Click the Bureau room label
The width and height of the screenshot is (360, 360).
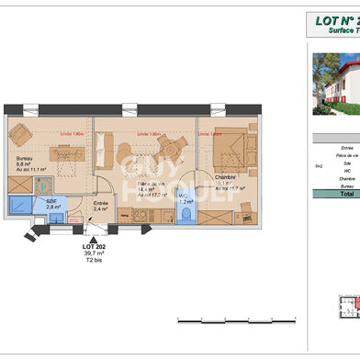pos(24,158)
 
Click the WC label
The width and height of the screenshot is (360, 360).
pos(185,195)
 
